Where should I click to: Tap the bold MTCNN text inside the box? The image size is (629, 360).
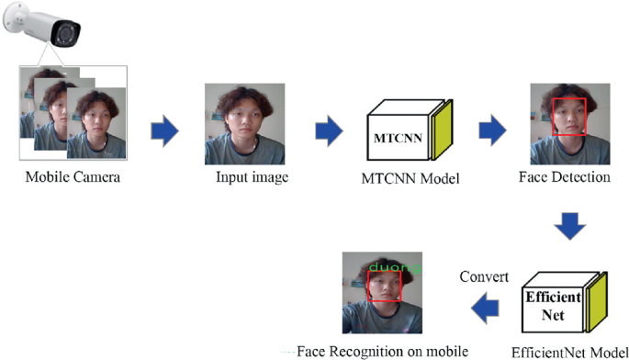click(395, 138)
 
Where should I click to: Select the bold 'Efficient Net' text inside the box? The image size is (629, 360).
click(552, 306)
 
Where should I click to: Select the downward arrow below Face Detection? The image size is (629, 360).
click(571, 225)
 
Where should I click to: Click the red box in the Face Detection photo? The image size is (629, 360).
click(569, 116)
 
